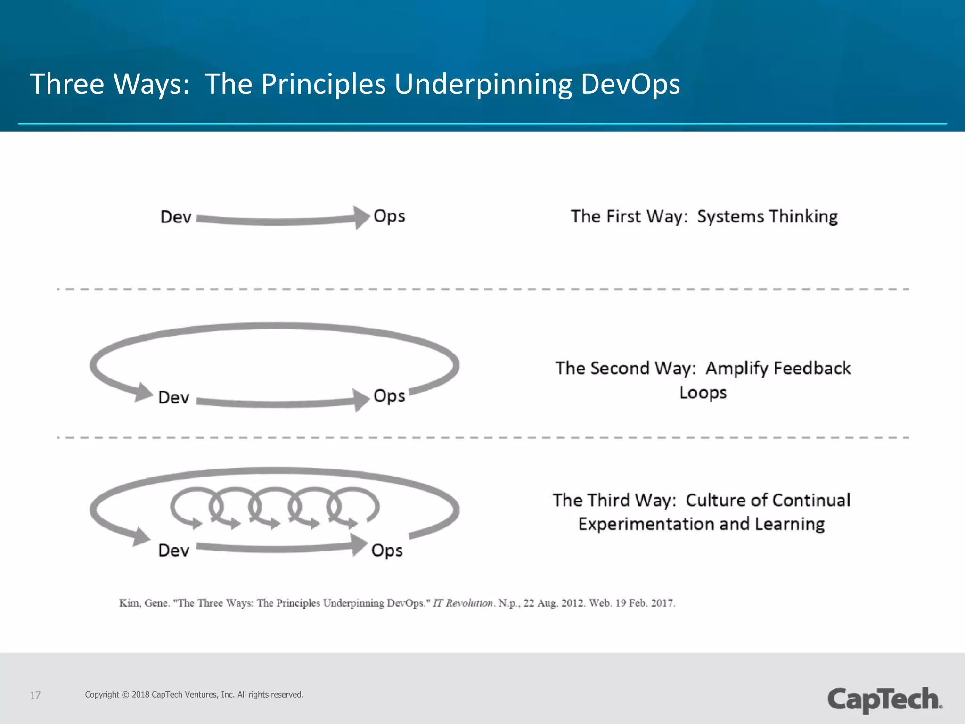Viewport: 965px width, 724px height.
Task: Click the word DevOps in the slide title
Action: (630, 84)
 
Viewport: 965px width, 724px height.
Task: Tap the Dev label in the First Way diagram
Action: (176, 217)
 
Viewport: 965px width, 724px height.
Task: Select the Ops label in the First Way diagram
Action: (389, 216)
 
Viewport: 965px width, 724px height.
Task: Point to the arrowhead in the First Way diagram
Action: (362, 217)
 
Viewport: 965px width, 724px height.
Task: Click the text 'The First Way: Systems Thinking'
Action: (704, 216)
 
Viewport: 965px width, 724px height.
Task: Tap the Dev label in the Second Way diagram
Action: (174, 397)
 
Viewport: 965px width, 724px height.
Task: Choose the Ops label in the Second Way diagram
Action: (389, 396)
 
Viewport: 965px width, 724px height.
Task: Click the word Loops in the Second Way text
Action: (703, 393)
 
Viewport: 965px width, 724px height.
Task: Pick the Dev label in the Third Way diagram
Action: (174, 550)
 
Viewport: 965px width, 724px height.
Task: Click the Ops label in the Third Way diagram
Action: (387, 551)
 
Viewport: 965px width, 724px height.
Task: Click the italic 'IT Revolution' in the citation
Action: (463, 603)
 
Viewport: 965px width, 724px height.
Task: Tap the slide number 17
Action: (35, 695)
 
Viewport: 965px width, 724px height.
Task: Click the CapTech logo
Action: (884, 699)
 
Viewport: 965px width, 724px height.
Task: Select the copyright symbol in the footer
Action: (125, 695)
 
